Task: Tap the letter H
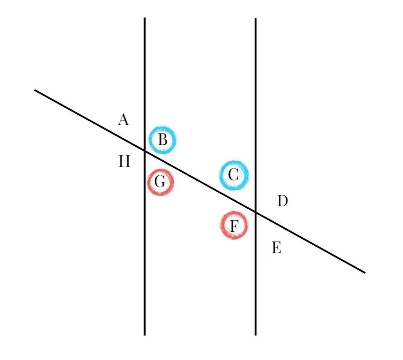[x=125, y=161]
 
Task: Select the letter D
[x=282, y=201]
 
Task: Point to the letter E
[x=276, y=248]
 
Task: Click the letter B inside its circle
[x=163, y=140]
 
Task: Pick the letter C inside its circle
[x=234, y=175]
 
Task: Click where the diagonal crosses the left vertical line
[x=145, y=151]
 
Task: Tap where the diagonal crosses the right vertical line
[x=256, y=212]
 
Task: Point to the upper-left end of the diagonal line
[x=35, y=90]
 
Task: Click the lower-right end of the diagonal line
[x=365, y=273]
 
